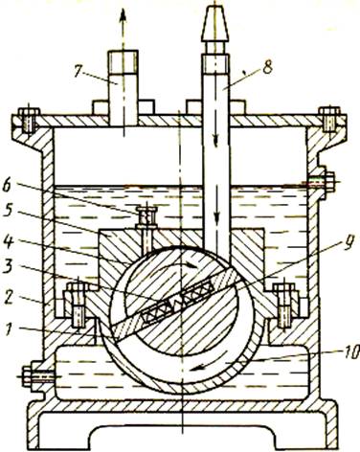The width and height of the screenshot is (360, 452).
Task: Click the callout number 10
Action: click(349, 354)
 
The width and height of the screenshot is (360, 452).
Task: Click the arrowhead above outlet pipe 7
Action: click(124, 15)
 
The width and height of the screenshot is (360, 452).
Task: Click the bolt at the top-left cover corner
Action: click(28, 121)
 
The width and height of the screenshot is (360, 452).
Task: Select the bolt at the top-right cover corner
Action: click(330, 120)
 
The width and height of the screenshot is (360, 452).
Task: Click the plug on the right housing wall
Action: click(323, 182)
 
